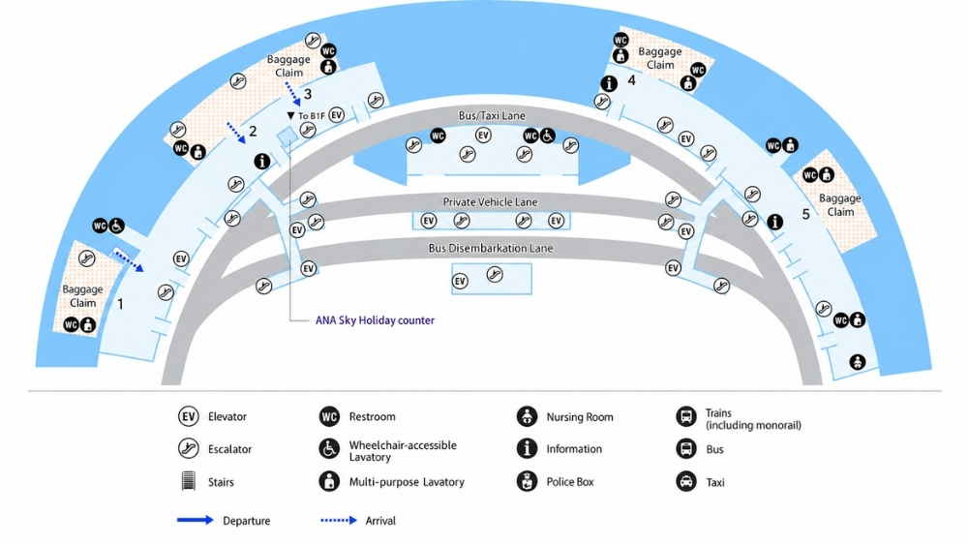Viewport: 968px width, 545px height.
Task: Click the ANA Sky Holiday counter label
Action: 375,320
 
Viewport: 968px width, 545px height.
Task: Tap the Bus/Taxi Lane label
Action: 492,116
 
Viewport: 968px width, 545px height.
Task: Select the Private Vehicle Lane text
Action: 490,201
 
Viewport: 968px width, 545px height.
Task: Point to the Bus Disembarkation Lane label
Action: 491,248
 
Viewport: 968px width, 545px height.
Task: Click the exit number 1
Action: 120,304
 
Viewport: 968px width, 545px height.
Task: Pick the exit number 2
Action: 253,131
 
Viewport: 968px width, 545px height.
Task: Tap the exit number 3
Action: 308,95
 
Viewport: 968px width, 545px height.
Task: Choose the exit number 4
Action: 631,79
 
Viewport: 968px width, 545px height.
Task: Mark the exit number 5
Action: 805,214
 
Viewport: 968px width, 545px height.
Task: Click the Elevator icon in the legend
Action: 189,416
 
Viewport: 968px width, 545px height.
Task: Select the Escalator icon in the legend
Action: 189,449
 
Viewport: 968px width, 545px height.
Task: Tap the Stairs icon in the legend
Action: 189,481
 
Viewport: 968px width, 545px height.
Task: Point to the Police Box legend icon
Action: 527,481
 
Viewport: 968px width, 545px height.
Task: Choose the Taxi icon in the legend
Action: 686,481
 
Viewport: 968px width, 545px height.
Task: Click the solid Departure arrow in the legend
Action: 196,520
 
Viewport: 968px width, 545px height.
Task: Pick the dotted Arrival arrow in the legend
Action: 339,520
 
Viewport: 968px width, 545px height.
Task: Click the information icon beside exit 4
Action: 609,83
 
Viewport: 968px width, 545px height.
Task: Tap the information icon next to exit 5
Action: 774,222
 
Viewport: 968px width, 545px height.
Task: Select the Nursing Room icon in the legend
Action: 527,416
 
